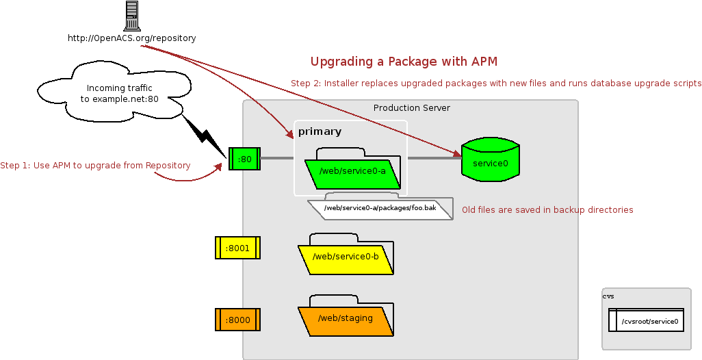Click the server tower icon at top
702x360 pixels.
click(x=132, y=16)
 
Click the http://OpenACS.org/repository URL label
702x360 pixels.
click(x=131, y=38)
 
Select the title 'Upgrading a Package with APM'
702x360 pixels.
click(x=404, y=62)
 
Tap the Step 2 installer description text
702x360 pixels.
click(x=496, y=83)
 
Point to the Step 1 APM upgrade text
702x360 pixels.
click(x=95, y=166)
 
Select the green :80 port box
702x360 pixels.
click(x=244, y=159)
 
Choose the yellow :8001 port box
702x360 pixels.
click(x=237, y=248)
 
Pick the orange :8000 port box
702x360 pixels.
click(x=237, y=320)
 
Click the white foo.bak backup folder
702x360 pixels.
click(x=380, y=208)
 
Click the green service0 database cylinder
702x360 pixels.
click(x=491, y=162)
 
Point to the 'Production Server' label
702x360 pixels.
click(x=411, y=108)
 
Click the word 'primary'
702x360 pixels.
click(x=320, y=131)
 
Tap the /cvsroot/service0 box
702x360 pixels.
click(x=646, y=320)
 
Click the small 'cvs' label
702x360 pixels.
click(x=608, y=296)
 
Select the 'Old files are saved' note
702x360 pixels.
click(x=547, y=210)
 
